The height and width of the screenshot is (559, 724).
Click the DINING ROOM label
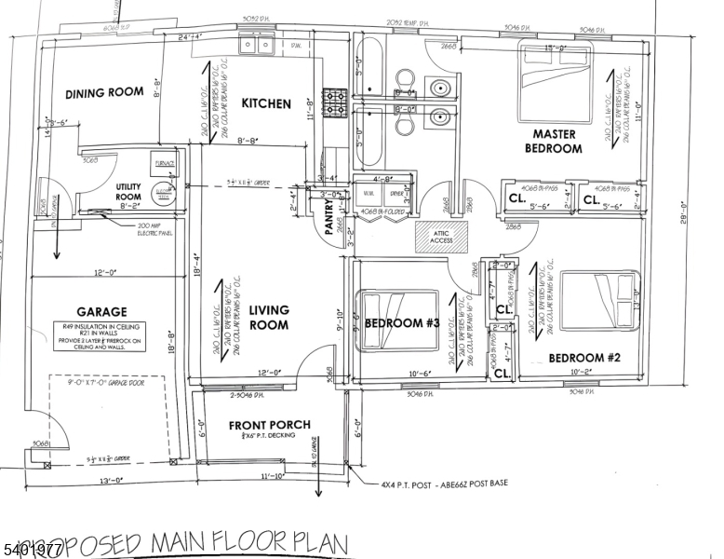coord(104,92)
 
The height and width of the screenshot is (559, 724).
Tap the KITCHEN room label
coord(266,104)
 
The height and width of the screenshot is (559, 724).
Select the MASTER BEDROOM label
coord(553,141)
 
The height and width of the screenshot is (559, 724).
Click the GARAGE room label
coord(101,312)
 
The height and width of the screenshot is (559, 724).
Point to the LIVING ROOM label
coord(269,318)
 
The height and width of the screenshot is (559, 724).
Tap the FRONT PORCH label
coord(270,425)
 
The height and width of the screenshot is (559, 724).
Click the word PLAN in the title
coord(312,542)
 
